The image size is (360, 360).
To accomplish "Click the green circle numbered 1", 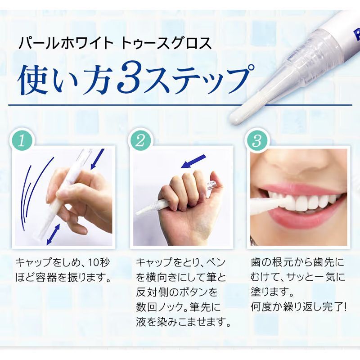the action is [x=22, y=140].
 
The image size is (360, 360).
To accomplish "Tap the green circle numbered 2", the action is [x=140, y=140].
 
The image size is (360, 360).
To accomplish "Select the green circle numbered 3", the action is [x=257, y=140].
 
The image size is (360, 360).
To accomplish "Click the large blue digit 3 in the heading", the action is [x=129, y=79].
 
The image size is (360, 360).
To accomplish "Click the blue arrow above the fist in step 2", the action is [x=193, y=161].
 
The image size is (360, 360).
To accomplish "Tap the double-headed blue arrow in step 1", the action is [x=53, y=234].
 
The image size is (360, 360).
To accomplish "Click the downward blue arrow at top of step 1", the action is [x=98, y=159].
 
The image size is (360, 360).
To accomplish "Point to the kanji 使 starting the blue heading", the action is [x=32, y=79].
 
